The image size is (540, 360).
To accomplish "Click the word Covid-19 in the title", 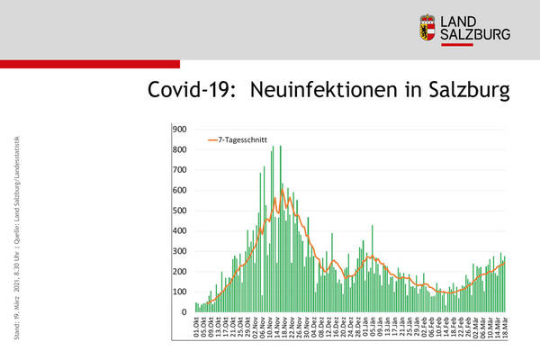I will (191, 91).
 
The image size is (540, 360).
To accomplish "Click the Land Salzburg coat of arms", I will (430, 28).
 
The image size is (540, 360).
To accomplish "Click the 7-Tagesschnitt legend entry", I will (239, 140).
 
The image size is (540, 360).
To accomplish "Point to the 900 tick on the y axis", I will (179, 129).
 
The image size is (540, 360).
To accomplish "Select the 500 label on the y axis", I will (179, 211).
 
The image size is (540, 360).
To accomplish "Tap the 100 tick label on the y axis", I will (179, 292).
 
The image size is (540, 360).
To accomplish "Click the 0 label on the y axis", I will (184, 312).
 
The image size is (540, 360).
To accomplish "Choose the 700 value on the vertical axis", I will (179, 169).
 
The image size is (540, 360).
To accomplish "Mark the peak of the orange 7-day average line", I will (282, 190).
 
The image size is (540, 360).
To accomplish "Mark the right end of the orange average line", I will (504, 263).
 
